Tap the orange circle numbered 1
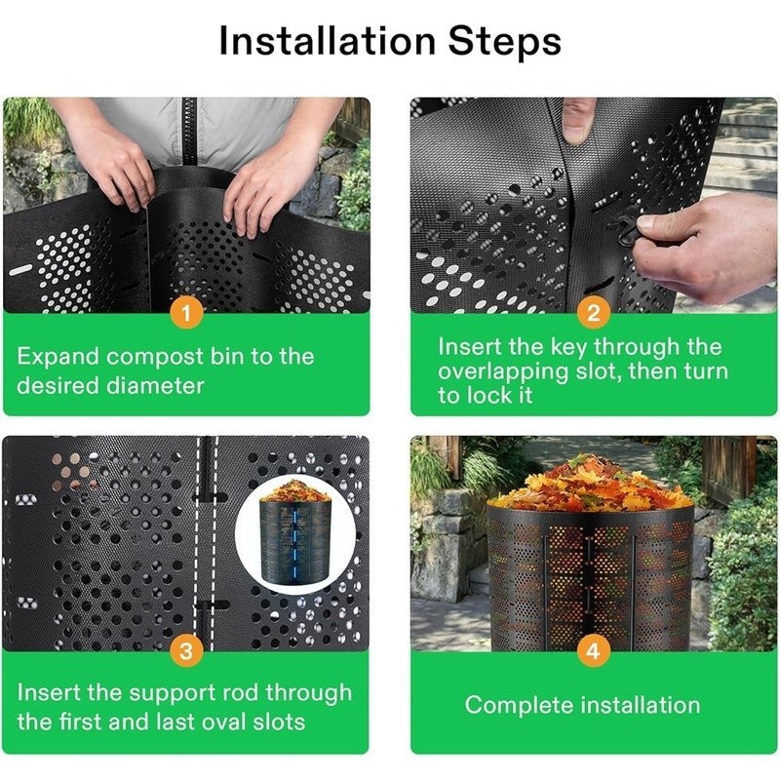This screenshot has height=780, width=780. click(185, 314)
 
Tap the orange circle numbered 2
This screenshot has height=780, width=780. click(594, 314)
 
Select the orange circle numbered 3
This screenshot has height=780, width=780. click(185, 652)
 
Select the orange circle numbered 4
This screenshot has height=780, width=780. click(594, 652)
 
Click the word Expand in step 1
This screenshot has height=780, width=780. click(59, 356)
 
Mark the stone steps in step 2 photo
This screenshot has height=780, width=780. click(747, 146)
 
